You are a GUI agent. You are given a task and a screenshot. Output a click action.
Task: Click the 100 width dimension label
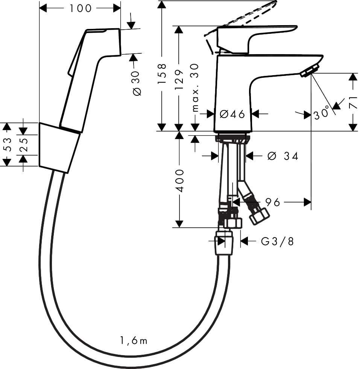click(81, 8)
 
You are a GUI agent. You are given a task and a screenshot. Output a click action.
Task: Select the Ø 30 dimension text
click(137, 83)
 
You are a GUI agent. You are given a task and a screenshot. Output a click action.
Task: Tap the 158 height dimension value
click(162, 73)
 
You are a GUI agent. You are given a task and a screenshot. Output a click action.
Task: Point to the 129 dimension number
click(179, 79)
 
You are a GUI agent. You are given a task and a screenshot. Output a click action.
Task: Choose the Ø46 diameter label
click(232, 113)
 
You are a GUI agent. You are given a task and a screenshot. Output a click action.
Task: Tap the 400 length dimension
click(180, 180)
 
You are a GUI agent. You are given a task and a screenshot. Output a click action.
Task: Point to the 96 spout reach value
click(273, 202)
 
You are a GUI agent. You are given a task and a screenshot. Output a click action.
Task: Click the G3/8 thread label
click(277, 241)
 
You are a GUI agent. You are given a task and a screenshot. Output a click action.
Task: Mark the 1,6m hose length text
click(134, 341)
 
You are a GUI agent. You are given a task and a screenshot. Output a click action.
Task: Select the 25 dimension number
click(23, 145)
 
